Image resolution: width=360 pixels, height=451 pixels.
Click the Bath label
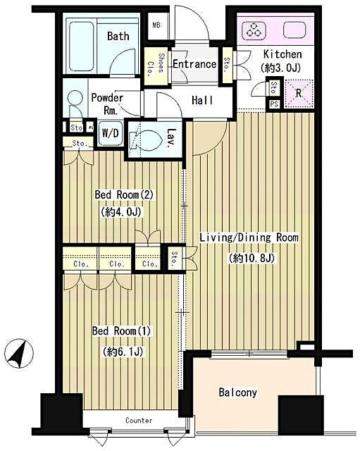118,36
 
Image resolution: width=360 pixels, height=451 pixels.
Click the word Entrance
194,64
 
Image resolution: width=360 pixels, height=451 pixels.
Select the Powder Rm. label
106,103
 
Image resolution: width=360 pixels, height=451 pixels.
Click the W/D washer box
109,132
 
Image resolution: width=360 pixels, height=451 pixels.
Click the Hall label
203,101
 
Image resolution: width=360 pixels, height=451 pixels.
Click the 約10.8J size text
250,258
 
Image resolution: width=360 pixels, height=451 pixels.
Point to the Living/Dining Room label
249,238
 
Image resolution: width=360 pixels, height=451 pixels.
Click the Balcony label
237,393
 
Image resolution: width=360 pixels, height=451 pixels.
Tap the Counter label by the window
139,421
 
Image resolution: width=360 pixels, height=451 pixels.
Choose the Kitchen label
283,54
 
